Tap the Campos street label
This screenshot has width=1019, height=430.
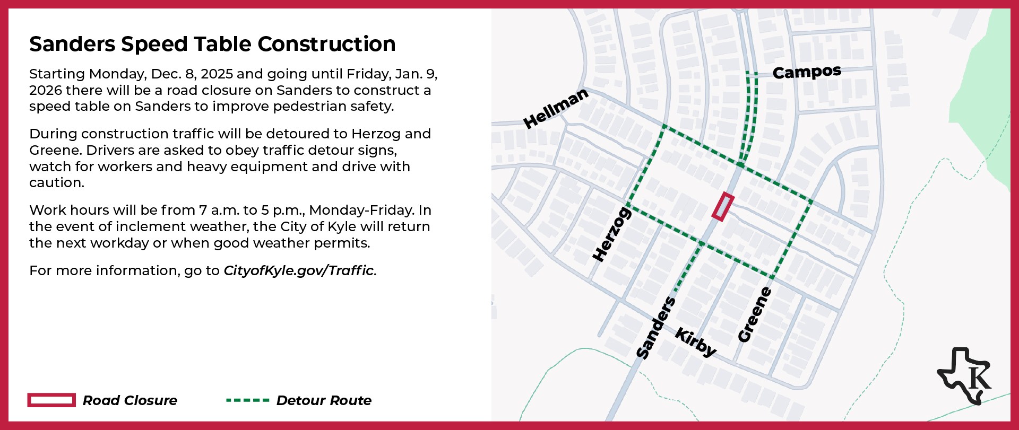click(x=807, y=72)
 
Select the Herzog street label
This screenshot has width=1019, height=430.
click(x=611, y=234)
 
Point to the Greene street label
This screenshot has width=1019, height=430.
click(x=754, y=314)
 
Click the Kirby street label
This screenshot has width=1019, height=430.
click(x=696, y=342)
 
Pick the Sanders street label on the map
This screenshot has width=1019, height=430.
click(x=656, y=328)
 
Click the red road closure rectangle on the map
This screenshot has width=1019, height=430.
click(x=723, y=207)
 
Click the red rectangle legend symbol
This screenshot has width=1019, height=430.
click(x=51, y=400)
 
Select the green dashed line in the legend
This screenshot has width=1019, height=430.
click(x=247, y=400)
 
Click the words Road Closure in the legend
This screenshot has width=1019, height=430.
click(x=130, y=401)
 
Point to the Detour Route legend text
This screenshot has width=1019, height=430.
click(x=324, y=401)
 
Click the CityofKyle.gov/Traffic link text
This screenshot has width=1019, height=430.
click(x=299, y=271)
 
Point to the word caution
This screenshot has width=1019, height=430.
click(x=57, y=183)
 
